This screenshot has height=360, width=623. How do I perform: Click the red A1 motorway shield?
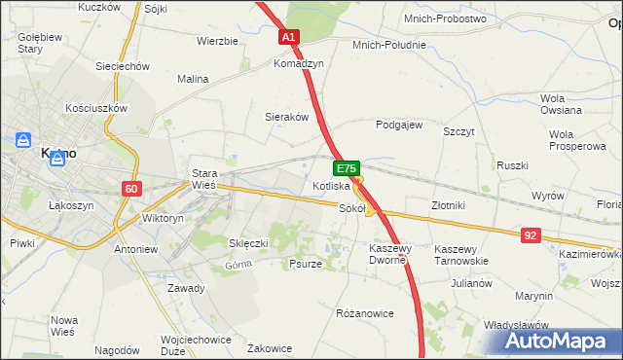(289, 37)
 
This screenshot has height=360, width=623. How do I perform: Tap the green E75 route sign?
(348, 168)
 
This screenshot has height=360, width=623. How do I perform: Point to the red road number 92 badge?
(531, 234)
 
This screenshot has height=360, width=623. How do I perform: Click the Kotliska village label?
(331, 186)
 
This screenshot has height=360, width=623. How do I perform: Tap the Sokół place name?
(351, 207)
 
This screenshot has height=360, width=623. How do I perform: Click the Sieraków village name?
(287, 117)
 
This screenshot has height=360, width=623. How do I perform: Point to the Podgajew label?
(399, 125)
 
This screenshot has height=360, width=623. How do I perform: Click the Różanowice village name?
(364, 313)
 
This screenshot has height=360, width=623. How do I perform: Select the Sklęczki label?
(248, 242)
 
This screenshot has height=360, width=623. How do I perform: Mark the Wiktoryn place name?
(163, 219)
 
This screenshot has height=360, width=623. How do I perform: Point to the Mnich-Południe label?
(389, 45)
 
